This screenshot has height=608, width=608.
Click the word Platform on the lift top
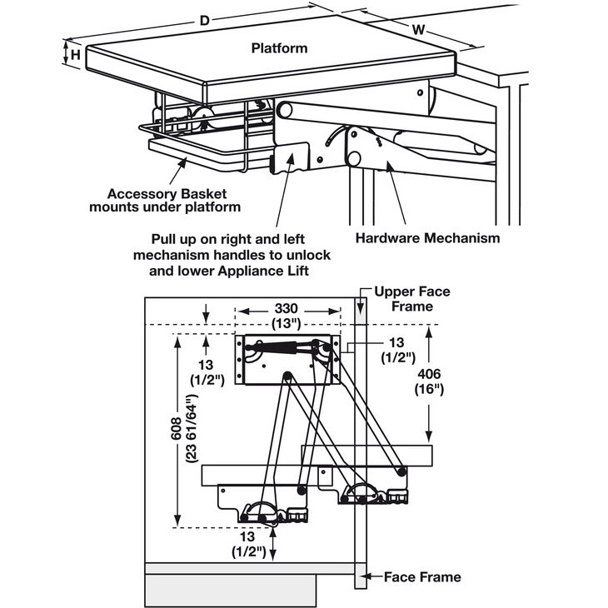(x=279, y=48)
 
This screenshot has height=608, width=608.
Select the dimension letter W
(x=420, y=30)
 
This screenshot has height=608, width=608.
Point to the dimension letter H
(x=75, y=55)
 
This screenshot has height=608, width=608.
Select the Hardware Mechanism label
(x=427, y=238)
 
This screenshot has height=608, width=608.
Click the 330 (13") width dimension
(x=287, y=316)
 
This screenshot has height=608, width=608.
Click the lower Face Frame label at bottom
(x=421, y=576)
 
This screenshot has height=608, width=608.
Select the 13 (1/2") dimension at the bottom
(x=249, y=543)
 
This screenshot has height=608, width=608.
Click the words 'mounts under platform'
(x=164, y=207)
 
